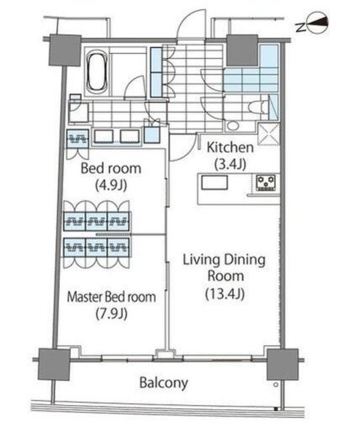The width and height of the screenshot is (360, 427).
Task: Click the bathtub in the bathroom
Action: coord(98,71)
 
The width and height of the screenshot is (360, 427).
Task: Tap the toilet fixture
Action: coord(259,107)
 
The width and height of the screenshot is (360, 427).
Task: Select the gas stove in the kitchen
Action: coord(266,182)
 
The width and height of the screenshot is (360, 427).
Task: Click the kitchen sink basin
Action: coord(215,182)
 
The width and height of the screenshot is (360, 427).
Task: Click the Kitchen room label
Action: coord(230,147)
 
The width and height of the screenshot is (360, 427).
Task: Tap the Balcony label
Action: coord(163,382)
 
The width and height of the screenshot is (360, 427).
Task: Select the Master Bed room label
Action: coord(111,296)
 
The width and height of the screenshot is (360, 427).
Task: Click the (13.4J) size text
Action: coord(225,294)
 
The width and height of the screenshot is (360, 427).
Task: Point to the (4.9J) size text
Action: coord(111,185)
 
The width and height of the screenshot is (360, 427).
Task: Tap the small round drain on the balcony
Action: coord(275,385)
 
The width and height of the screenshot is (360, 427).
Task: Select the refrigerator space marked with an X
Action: coord(268,134)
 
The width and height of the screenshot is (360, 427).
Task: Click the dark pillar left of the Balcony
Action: coord(54,364)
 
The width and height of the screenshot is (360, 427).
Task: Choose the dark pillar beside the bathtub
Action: coord(65,50)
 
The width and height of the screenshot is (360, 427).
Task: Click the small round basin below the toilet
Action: coord(233,126)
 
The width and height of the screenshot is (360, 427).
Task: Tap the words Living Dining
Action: coord(224,260)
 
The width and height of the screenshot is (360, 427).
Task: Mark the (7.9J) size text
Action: coord(111,314)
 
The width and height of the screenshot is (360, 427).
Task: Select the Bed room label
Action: coord(111,168)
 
